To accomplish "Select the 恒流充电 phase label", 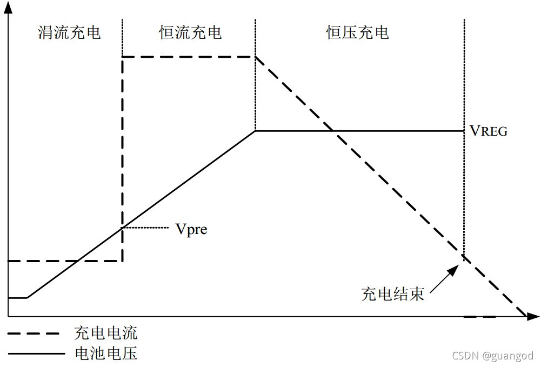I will [190, 32].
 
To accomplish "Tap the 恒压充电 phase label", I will [357, 32].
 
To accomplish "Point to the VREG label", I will [488, 131].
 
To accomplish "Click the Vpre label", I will [191, 229].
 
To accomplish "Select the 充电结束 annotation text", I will [392, 293].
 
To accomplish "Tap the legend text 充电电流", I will [105, 332].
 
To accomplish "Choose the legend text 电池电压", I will [105, 353].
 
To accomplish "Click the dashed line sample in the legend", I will [36, 333].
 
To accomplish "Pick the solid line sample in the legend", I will [36, 354].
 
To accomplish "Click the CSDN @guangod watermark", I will [492, 356].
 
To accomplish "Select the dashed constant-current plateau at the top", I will [189, 56].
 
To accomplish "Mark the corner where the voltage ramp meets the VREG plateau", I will [256, 131].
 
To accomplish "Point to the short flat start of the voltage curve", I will [18, 297].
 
